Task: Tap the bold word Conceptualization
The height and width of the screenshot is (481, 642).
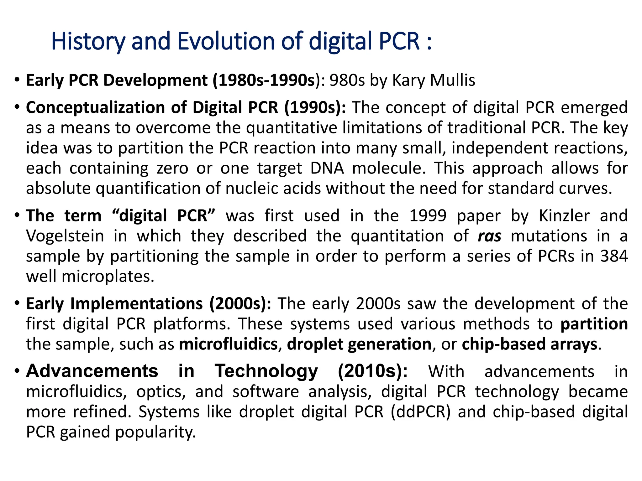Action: coord(96,108)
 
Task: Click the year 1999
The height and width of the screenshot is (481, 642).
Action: coord(428,216)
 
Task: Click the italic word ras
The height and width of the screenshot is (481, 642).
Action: coord(489,236)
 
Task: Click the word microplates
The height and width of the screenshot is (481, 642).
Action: coord(108,277)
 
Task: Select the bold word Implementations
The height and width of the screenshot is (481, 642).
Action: coord(136,304)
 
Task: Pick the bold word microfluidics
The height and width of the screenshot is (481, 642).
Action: coord(228,344)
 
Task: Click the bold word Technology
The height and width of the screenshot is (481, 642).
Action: coord(266,371)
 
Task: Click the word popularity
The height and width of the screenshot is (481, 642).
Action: coord(155,432)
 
